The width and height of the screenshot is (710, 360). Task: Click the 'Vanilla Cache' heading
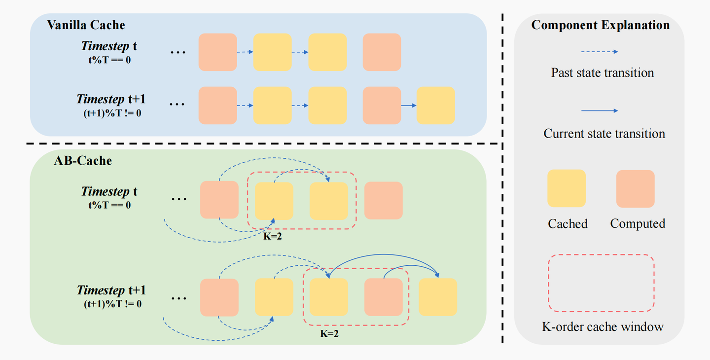click(x=86, y=25)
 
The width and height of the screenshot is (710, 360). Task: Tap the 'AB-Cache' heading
click(x=82, y=160)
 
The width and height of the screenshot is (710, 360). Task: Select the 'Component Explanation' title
click(x=600, y=25)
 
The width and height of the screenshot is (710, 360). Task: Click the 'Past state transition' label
click(x=602, y=73)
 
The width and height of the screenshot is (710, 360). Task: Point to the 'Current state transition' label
click(x=604, y=134)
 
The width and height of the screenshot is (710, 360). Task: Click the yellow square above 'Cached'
click(x=567, y=188)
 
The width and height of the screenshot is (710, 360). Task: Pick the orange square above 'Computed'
click(x=635, y=188)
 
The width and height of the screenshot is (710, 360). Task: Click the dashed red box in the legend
click(x=601, y=283)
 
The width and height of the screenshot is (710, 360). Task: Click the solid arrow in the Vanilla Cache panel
click(x=409, y=106)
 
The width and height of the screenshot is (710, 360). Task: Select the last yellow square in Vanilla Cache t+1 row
click(x=435, y=106)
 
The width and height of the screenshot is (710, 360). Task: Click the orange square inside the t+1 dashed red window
click(x=383, y=297)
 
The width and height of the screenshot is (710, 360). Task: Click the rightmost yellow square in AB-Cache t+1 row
click(x=438, y=297)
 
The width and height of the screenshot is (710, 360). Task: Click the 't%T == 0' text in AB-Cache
click(x=109, y=205)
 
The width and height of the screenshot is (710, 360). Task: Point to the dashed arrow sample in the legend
click(x=599, y=51)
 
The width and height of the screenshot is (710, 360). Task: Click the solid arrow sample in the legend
click(x=599, y=111)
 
